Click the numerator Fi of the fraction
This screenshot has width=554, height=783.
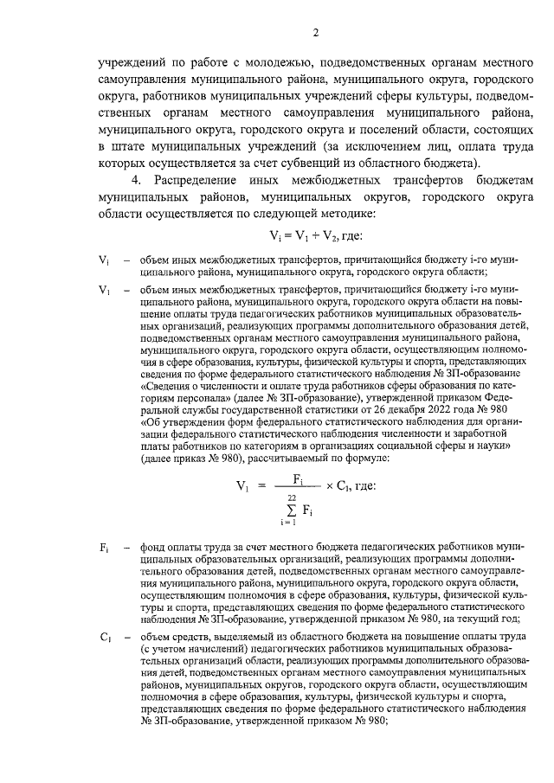(x=297, y=477)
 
